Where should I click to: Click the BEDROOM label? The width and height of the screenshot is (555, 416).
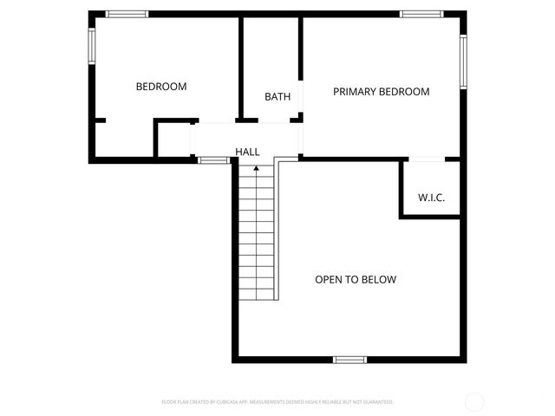coord(161,87)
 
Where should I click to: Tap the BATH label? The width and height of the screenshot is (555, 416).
coord(277,97)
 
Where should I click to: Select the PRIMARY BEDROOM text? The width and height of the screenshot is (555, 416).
coord(381,92)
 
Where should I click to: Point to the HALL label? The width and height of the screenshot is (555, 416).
coord(247,152)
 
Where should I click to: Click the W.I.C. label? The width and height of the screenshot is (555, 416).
coord(431,198)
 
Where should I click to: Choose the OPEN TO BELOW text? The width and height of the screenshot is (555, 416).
coord(355,279)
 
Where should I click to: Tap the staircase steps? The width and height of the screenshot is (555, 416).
coord(256,234)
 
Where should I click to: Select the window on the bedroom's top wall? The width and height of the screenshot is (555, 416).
coord(127,14)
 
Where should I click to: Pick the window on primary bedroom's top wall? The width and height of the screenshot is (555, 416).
coord(421,14)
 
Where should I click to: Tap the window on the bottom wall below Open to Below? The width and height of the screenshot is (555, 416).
coord(350,359)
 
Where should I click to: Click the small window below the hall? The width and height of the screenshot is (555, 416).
coord(213,160)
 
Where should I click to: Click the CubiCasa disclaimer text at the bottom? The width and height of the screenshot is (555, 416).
coord(277,402)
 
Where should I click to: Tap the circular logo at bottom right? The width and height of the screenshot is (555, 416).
coord(474,401)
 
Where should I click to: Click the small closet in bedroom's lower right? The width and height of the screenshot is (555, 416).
coord(173,140)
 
